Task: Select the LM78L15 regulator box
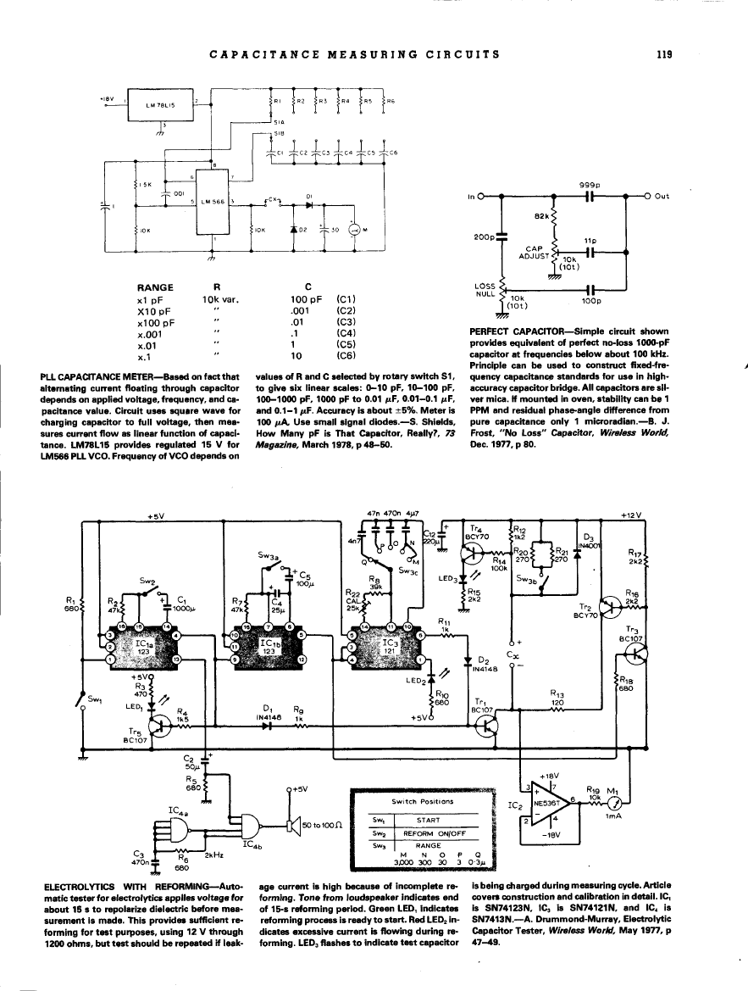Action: point(159,106)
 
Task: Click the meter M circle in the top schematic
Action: point(356,229)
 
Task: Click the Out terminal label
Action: point(662,196)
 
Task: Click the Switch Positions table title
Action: point(423,801)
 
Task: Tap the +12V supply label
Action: point(633,515)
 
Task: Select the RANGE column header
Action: point(155,287)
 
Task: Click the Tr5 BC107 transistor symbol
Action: point(159,723)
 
